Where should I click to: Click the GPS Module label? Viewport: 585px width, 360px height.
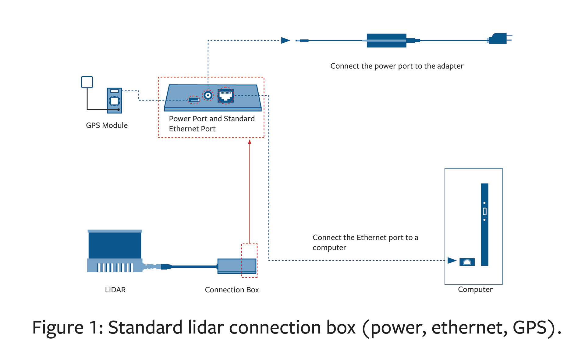(x=107, y=125)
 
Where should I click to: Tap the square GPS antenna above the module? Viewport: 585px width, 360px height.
(x=87, y=82)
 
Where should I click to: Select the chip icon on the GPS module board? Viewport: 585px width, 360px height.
(x=114, y=101)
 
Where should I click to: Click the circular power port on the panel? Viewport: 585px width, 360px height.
(x=208, y=95)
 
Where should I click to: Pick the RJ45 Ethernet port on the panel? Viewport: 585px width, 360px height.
(x=225, y=96)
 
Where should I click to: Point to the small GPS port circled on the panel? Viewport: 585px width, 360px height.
(x=194, y=100)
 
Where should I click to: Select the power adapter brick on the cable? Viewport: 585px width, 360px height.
(x=386, y=41)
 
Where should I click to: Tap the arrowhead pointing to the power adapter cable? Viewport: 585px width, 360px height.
(x=285, y=40)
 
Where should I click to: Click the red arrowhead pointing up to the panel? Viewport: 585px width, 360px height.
(x=250, y=142)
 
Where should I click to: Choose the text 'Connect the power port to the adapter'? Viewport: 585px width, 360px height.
(x=397, y=66)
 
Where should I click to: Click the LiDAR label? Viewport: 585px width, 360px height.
(x=115, y=290)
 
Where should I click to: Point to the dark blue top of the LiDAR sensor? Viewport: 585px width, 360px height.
(x=115, y=245)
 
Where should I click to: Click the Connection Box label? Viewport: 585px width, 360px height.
(x=232, y=290)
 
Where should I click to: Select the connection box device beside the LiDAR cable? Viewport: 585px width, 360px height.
(x=237, y=266)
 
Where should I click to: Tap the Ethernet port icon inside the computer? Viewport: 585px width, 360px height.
(x=467, y=262)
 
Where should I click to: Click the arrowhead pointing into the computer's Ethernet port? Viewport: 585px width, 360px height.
(x=452, y=261)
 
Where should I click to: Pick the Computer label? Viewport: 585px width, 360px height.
(x=475, y=290)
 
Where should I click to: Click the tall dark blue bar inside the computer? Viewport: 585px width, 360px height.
(x=484, y=224)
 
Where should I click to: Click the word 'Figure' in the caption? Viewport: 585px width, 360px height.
(x=58, y=328)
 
